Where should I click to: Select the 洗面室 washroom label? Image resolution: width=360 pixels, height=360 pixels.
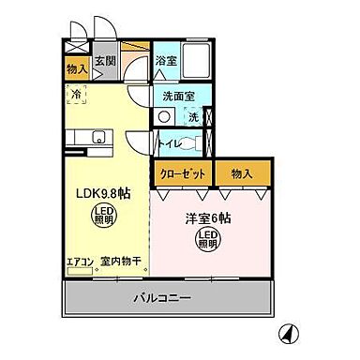point(178,96)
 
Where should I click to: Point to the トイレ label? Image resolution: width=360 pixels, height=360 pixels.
point(170,144)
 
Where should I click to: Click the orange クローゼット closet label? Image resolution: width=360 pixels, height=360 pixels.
point(182,172)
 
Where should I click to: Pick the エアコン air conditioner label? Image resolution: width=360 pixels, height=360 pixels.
point(80,263)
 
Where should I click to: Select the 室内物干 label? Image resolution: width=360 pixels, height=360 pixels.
point(120,263)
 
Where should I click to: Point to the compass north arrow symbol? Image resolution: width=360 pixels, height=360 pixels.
point(291,332)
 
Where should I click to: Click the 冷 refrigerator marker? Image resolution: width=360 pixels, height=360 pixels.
point(76,94)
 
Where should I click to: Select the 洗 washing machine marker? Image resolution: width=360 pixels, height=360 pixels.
point(193,117)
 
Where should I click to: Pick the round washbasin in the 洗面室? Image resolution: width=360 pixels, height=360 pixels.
point(165,117)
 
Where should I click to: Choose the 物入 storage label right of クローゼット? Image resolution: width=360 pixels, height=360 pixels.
point(242,172)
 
